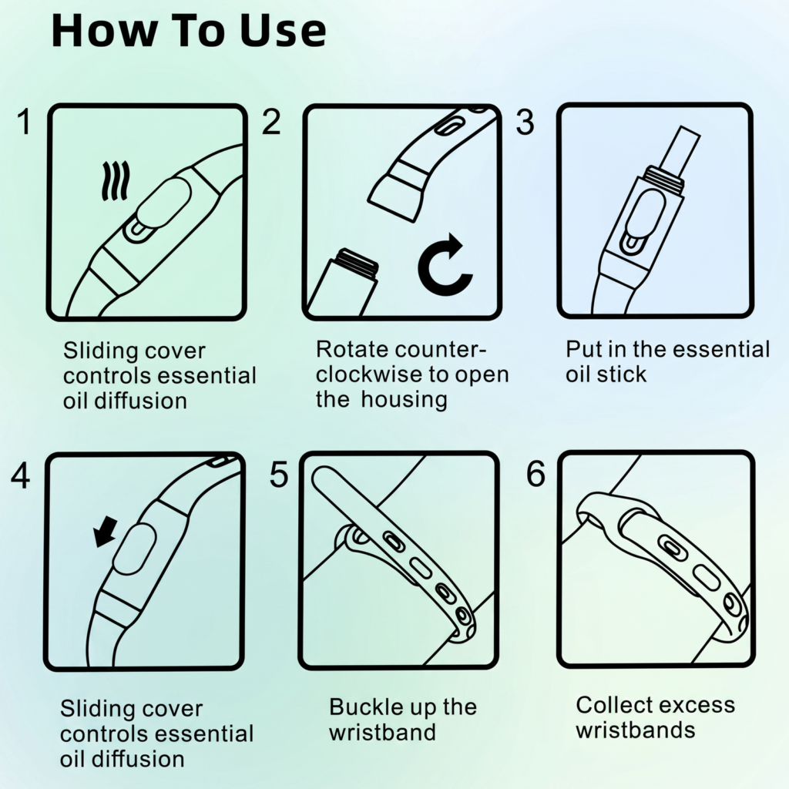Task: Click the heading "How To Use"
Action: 189,32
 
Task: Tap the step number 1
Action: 25,123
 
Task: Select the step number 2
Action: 271,123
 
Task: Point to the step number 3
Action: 525,123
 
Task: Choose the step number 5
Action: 279,475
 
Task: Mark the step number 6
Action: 536,475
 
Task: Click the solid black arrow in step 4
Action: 105,531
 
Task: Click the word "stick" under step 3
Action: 620,374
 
